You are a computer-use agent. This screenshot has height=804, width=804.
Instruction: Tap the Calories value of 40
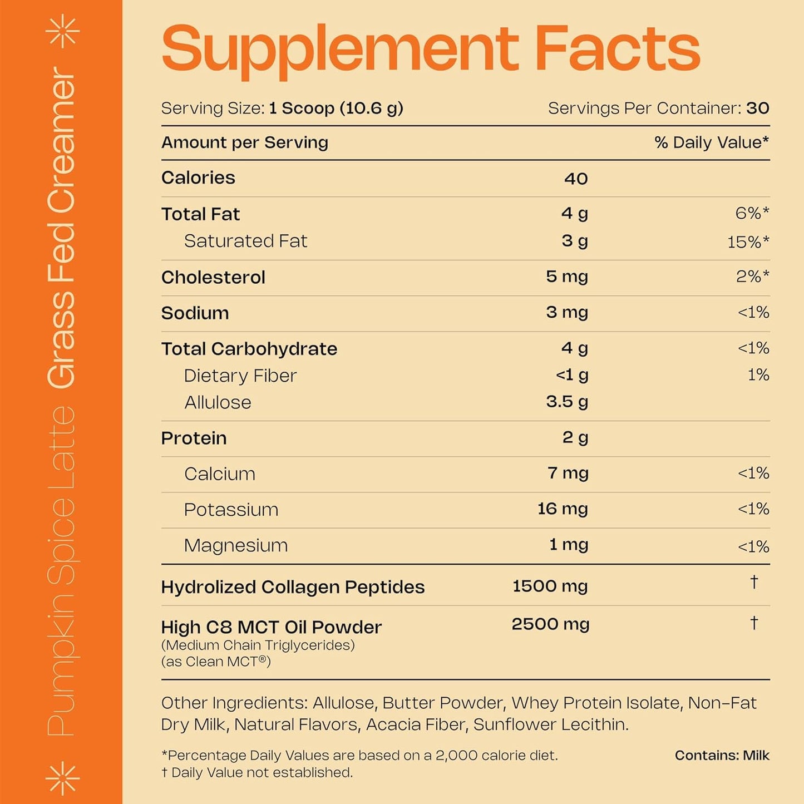click(575, 179)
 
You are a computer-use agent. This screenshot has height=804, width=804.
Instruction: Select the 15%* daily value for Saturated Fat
click(748, 242)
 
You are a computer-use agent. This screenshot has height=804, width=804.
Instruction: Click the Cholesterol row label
click(213, 277)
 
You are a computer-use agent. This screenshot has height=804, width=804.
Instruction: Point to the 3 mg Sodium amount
click(566, 313)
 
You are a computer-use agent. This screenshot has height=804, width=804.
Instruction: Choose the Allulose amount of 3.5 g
click(566, 402)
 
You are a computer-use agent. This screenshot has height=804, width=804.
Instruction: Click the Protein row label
click(194, 438)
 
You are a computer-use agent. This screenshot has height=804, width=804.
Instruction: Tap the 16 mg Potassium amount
click(562, 509)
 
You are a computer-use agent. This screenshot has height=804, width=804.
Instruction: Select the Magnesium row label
click(236, 545)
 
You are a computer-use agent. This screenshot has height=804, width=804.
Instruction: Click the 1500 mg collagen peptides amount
click(550, 586)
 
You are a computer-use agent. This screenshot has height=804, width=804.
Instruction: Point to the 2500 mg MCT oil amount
click(550, 624)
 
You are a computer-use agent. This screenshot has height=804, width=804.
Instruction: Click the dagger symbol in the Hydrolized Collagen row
click(754, 582)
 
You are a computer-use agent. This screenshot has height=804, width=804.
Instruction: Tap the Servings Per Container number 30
click(757, 108)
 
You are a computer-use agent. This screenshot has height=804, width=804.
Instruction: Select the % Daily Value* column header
click(712, 143)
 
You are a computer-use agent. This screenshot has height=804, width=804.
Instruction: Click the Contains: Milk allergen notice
click(722, 756)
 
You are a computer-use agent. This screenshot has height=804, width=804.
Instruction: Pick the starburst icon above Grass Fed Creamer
click(62, 31)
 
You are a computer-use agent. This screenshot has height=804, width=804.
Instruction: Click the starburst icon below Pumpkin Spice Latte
click(62, 777)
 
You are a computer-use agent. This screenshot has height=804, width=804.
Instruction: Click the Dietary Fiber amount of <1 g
click(571, 376)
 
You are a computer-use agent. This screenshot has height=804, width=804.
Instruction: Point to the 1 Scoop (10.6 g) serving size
click(336, 108)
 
